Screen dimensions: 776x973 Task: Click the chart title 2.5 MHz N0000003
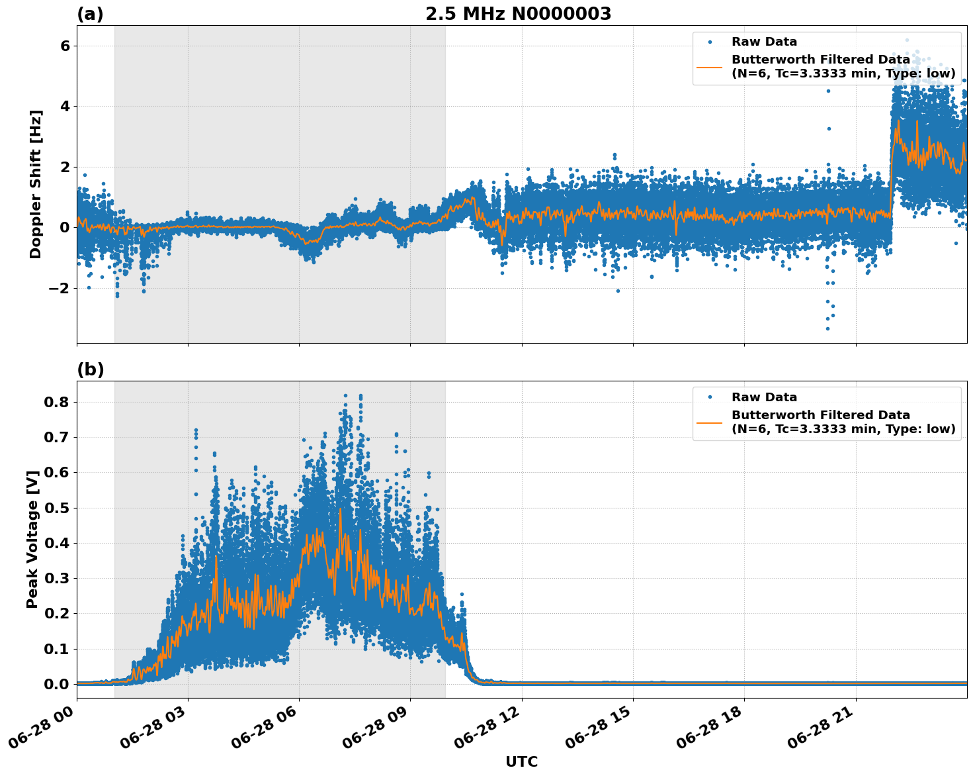pos(518,14)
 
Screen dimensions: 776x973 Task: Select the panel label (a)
pos(90,14)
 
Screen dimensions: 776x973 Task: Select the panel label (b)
pos(90,369)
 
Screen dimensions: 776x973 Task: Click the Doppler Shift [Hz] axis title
pos(36,184)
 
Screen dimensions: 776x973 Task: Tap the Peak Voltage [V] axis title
pos(32,539)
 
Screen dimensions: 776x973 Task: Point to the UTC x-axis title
pos(521,761)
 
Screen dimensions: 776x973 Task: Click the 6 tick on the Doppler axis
pos(65,46)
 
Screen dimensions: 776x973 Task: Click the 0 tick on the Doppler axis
pos(65,227)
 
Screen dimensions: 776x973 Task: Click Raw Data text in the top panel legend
pos(764,42)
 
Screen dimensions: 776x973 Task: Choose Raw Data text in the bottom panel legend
pos(764,397)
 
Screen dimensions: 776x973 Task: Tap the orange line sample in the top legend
pos(710,67)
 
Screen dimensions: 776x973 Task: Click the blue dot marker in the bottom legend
pos(710,397)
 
